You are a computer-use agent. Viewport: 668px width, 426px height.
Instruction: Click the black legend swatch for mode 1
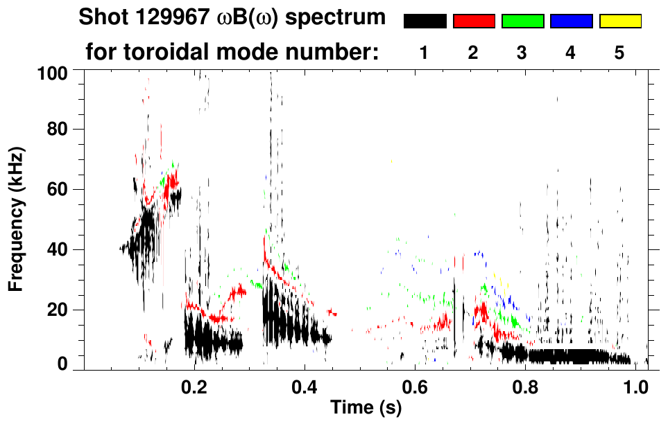[425, 21]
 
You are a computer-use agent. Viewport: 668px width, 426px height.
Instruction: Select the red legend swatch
[474, 21]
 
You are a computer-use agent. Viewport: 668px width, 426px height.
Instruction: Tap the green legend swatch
[522, 21]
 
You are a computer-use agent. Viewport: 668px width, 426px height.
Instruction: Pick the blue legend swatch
[571, 21]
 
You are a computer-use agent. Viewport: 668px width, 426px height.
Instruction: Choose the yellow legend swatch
[619, 21]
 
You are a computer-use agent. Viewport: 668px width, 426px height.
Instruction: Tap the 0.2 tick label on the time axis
[194, 387]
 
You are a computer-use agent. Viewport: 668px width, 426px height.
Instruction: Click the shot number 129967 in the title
[162, 17]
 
